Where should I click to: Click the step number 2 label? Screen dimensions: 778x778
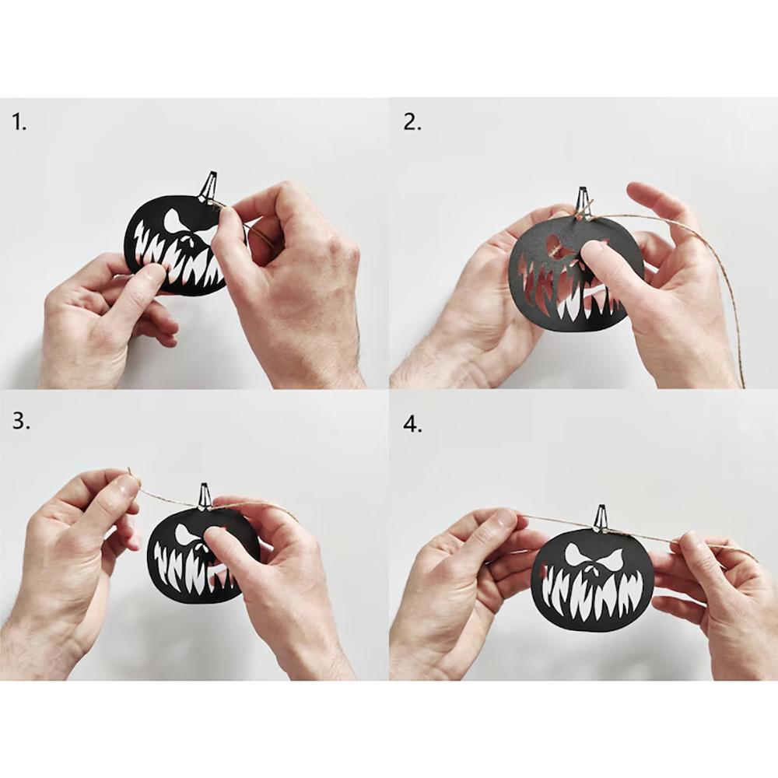pos(412,122)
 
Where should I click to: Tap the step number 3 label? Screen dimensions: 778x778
pos(21,422)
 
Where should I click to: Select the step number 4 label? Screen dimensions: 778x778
pos(412,424)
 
